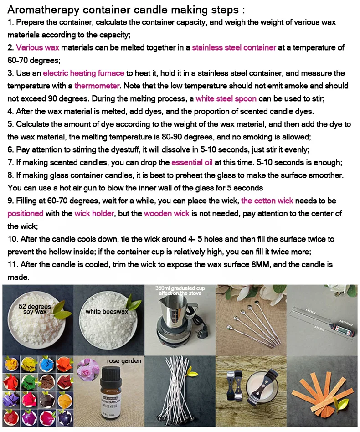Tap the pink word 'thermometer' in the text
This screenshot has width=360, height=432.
click(97, 86)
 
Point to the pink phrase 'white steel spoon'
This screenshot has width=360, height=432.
click(226, 98)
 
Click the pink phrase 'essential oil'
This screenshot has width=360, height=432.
click(192, 162)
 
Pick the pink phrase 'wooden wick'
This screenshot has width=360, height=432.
click(167, 213)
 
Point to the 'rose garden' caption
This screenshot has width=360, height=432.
click(124, 361)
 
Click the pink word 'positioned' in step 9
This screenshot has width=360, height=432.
click(26, 213)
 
